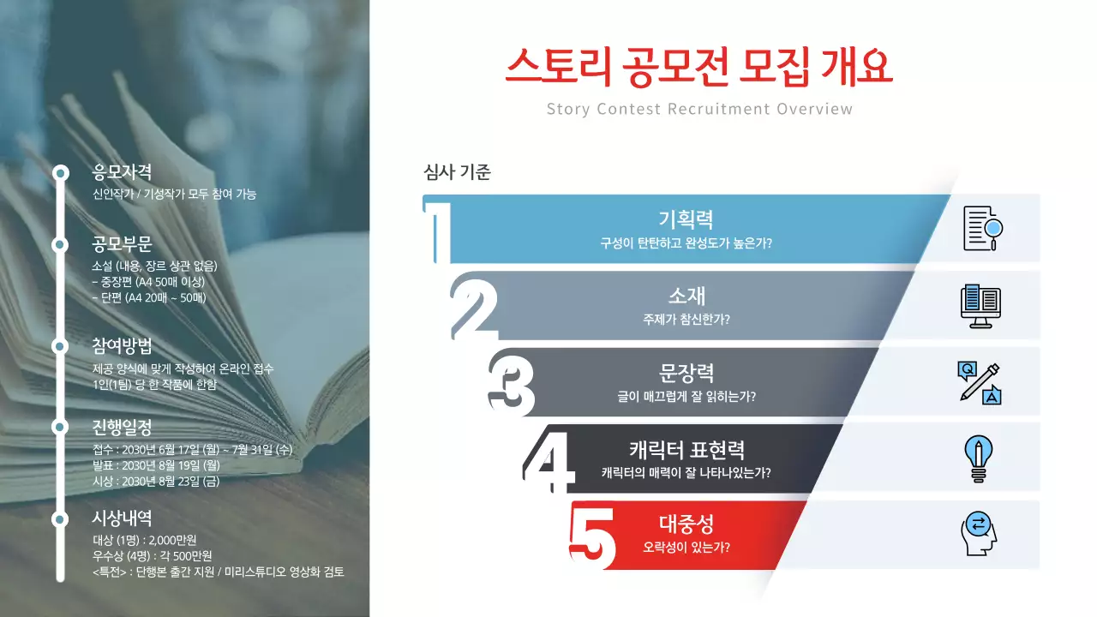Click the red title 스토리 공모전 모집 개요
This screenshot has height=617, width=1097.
698,67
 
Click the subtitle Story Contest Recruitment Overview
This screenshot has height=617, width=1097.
699,109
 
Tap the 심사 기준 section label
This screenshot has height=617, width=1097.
457,172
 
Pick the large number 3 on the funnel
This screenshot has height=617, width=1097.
513,383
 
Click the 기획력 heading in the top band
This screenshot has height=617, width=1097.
686,220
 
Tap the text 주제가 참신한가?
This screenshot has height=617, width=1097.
686,320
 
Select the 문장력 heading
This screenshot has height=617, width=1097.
686,373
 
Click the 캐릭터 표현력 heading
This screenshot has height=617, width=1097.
686,450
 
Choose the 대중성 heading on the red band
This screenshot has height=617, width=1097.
686,524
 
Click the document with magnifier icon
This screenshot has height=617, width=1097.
982,229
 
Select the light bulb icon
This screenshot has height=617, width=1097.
978,458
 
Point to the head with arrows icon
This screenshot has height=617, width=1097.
979,534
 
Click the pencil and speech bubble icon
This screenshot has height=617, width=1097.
980,382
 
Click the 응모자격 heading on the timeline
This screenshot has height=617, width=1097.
122,172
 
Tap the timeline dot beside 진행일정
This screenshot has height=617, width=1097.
60,426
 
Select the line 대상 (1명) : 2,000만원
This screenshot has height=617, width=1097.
144,540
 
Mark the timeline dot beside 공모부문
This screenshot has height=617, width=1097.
60,244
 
